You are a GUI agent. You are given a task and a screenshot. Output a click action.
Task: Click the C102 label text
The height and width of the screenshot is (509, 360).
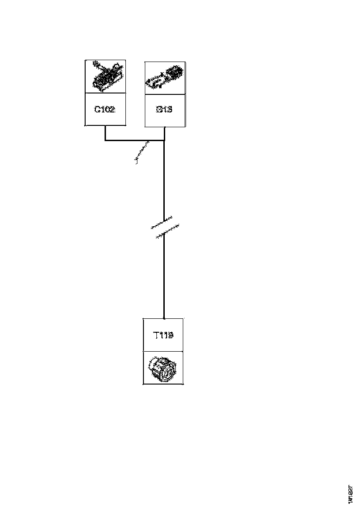coord(105,110)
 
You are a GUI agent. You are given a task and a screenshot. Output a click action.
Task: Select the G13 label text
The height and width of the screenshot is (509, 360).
coord(165,110)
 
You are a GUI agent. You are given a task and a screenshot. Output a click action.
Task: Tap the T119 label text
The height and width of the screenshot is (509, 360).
coord(163,335)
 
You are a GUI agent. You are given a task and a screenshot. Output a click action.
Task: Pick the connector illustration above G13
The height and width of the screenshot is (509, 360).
coord(165,77)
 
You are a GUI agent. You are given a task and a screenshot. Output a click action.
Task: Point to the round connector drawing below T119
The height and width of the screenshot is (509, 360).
coord(163,368)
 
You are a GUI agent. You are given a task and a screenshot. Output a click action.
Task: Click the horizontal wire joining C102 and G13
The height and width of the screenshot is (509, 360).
coord(134,140)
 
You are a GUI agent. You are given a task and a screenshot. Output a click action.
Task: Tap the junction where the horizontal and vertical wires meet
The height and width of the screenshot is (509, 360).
coord(164,140)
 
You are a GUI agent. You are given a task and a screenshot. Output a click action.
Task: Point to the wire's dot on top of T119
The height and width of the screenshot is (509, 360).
coord(164,318)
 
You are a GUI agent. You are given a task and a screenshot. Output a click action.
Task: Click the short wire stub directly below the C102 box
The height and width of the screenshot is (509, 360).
coord(106,133)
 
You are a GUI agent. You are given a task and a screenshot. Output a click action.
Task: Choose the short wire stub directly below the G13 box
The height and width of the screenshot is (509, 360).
coord(164,133)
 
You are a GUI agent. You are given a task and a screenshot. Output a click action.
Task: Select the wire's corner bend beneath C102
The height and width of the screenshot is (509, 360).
coord(106,140)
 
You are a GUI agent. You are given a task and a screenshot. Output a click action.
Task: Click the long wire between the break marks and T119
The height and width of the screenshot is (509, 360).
coord(164,278)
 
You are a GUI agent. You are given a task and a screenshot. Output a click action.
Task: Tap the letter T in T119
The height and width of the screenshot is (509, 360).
coord(156,335)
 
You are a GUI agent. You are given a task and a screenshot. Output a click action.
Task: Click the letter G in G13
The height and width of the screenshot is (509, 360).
coord(158,110)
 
